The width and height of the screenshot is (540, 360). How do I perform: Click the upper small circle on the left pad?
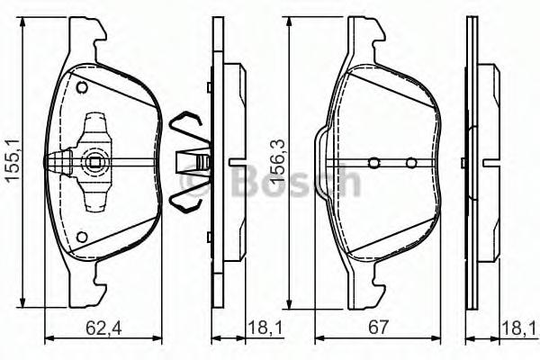click(x=82, y=87)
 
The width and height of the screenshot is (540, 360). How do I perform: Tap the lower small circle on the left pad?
click(x=82, y=237)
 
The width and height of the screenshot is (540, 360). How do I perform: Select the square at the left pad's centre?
click(x=94, y=162)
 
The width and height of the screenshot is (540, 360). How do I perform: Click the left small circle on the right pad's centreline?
click(x=374, y=162)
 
